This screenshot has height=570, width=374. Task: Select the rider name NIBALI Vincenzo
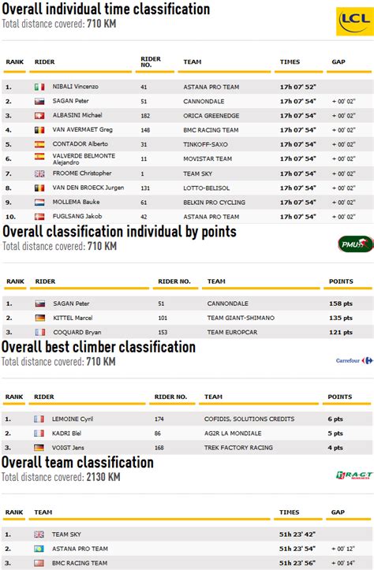(x=77, y=87)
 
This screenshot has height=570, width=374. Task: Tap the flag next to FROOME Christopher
(x=39, y=173)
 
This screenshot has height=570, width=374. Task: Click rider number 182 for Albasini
(x=145, y=115)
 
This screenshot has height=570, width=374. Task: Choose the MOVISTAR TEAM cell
(x=208, y=158)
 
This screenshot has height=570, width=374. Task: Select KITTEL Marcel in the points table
(x=73, y=318)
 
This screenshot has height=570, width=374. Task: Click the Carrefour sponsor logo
(x=354, y=360)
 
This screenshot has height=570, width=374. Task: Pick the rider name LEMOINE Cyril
(x=73, y=419)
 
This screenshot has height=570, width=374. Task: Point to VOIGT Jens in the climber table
(x=68, y=448)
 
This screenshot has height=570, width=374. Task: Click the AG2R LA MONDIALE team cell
(x=235, y=434)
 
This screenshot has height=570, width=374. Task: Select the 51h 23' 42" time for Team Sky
(x=297, y=534)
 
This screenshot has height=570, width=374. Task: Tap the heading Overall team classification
(x=77, y=462)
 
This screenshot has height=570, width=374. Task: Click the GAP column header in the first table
(x=338, y=61)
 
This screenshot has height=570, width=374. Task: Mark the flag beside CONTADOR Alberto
(x=39, y=144)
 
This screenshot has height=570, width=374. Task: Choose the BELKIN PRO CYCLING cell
(x=214, y=202)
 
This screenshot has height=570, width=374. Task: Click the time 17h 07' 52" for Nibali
(x=297, y=87)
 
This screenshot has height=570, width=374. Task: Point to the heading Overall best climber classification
(x=99, y=347)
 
